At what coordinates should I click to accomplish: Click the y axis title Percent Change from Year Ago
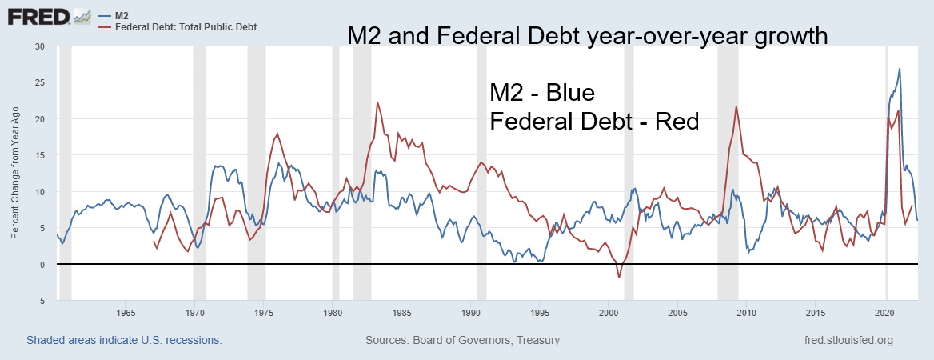15,174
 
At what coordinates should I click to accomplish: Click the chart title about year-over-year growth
586,36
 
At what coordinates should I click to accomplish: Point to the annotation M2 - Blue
542,93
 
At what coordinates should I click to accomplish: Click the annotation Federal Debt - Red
594,122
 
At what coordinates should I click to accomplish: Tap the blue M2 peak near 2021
900,69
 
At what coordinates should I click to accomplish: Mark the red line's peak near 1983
377,102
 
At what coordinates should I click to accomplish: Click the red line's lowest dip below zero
618,278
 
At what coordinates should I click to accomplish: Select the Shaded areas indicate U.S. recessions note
124,340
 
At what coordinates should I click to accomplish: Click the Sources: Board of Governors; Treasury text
462,340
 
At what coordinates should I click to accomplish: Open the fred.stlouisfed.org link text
848,340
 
